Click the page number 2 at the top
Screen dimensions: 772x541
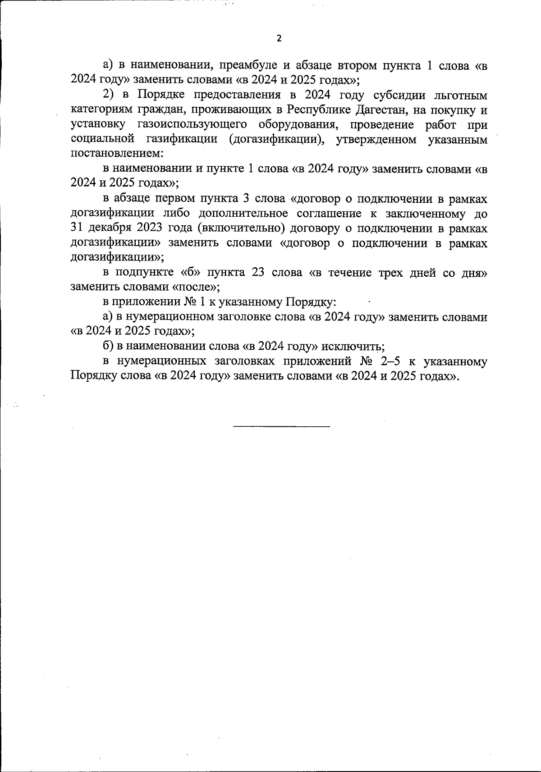coord(278,39)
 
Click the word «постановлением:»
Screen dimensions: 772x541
coord(117,154)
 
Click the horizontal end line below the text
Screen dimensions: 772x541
coord(282,426)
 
